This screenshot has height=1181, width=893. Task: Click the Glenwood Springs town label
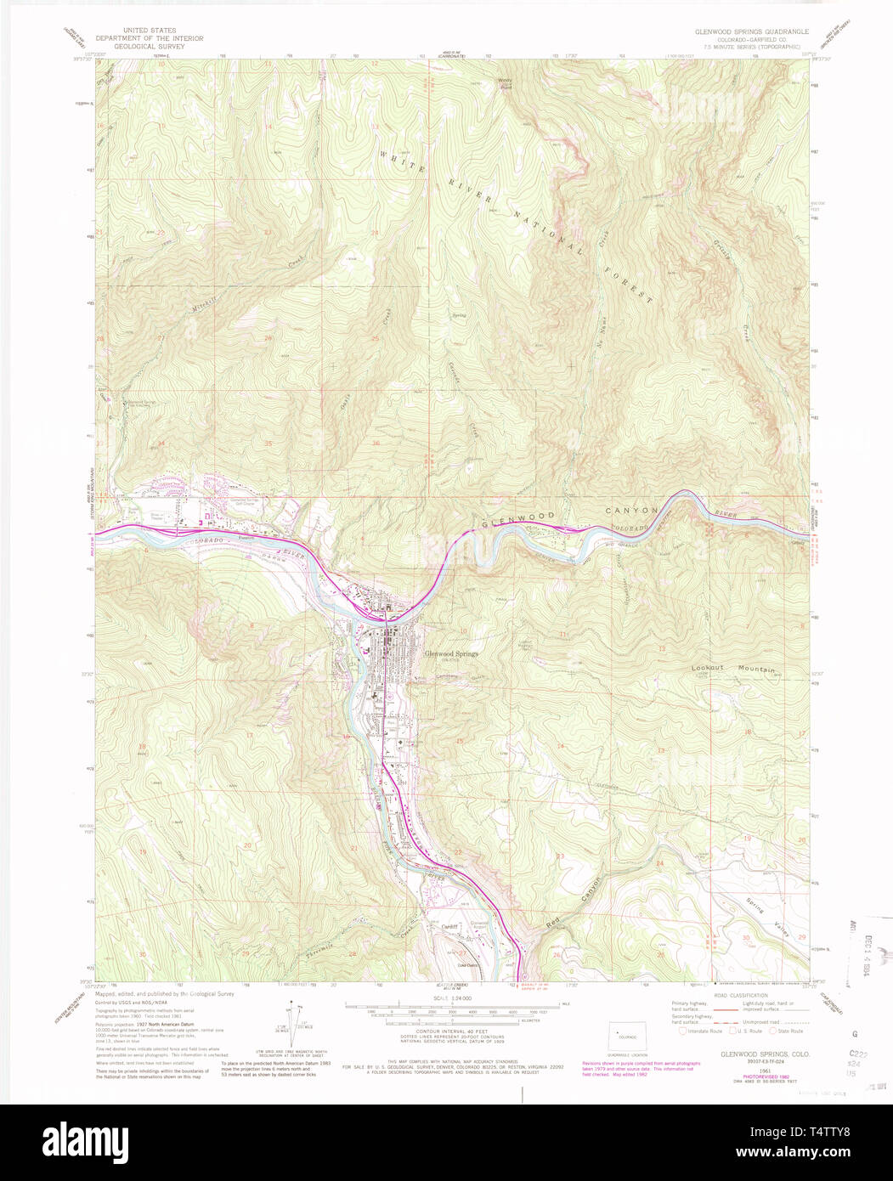[452, 653]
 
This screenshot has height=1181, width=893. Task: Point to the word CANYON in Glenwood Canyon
[631, 511]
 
